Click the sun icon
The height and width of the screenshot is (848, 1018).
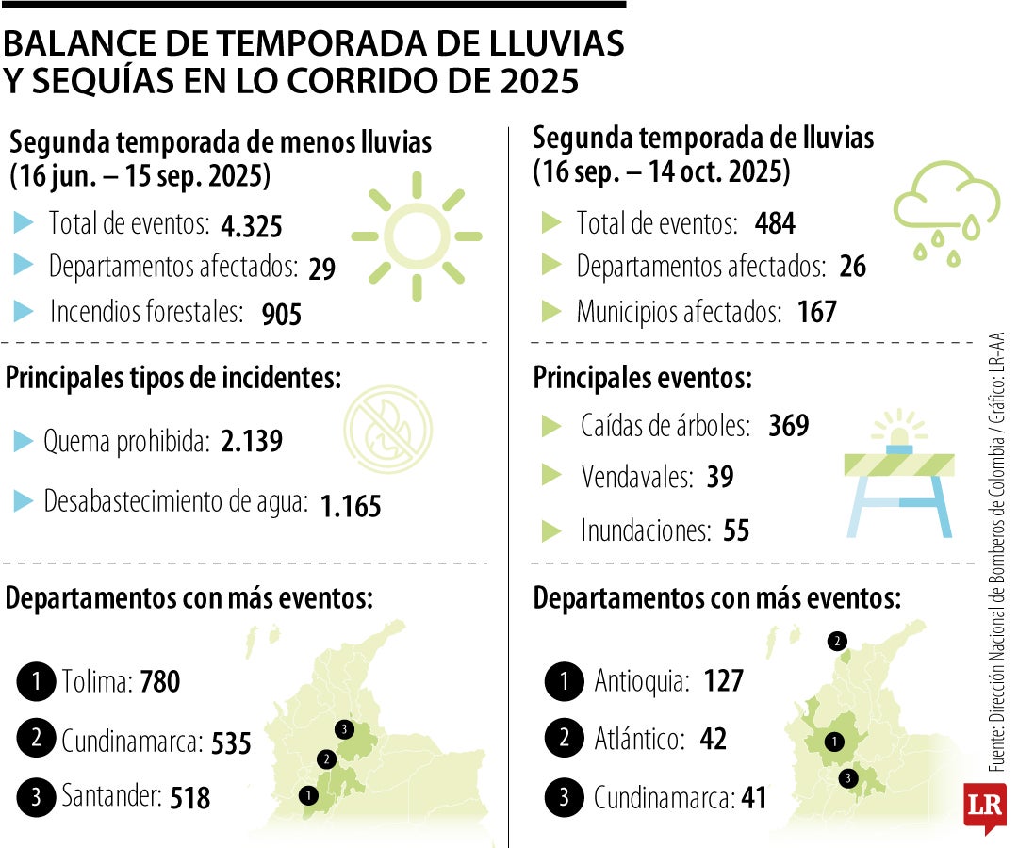coord(416,236)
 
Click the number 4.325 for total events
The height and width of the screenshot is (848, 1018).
coord(251,227)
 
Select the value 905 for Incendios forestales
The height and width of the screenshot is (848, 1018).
coord(282,313)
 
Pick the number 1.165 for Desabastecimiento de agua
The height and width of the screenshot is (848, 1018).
coord(351,506)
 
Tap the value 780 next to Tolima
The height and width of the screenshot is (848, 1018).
coord(159,681)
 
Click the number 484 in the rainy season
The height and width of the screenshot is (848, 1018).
coord(775,223)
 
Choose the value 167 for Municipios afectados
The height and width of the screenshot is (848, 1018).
coord(816,312)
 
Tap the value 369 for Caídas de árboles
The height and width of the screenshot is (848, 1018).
coord(788,426)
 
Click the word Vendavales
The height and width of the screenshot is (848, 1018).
coord(636,477)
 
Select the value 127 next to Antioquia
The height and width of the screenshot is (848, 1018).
coord(724,680)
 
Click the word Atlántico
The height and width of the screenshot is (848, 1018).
coord(638,739)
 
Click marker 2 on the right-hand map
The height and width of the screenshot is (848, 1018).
coord(836,642)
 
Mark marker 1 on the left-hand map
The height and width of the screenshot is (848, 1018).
coord(308,795)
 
